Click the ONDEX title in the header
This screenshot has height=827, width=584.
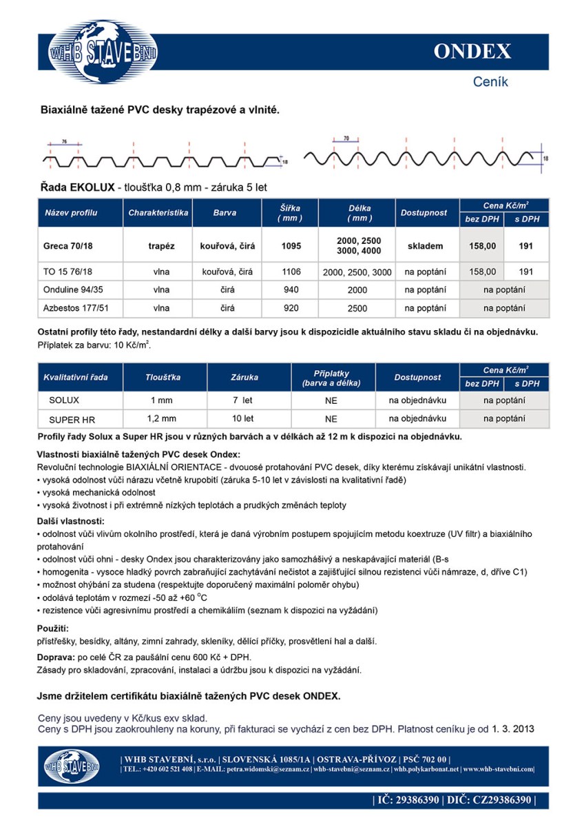[472, 52]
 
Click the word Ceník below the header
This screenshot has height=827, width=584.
[490, 82]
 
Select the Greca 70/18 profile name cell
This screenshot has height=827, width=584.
[68, 245]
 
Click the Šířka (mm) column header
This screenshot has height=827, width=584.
[291, 213]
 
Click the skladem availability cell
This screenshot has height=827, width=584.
[425, 245]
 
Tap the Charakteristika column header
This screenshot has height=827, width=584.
[158, 213]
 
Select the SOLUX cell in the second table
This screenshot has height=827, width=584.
[64, 400]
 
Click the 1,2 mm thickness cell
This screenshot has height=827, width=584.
[162, 418]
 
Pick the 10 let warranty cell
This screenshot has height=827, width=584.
[242, 418]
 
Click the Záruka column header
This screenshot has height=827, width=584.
[244, 378]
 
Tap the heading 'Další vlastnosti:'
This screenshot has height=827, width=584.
[70, 521]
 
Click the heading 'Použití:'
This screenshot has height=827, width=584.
[53, 629]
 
